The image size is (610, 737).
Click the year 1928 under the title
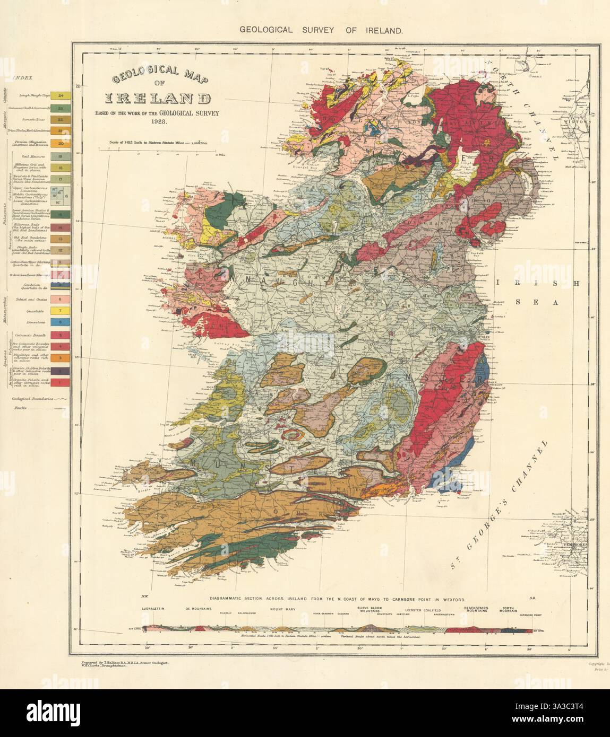coord(159,122)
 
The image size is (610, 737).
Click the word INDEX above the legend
coord(23,77)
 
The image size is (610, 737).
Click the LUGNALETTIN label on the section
coord(154,609)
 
